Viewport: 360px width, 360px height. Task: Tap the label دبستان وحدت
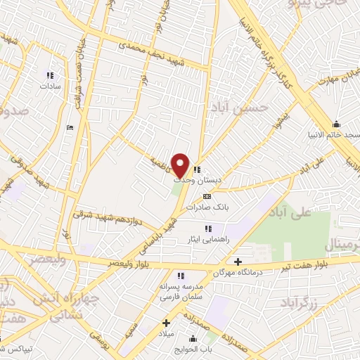(x=200, y=180)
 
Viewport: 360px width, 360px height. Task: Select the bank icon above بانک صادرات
(x=207, y=196)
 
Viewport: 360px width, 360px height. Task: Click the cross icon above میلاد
(x=166, y=323)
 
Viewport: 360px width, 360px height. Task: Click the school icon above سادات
(x=49, y=75)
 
